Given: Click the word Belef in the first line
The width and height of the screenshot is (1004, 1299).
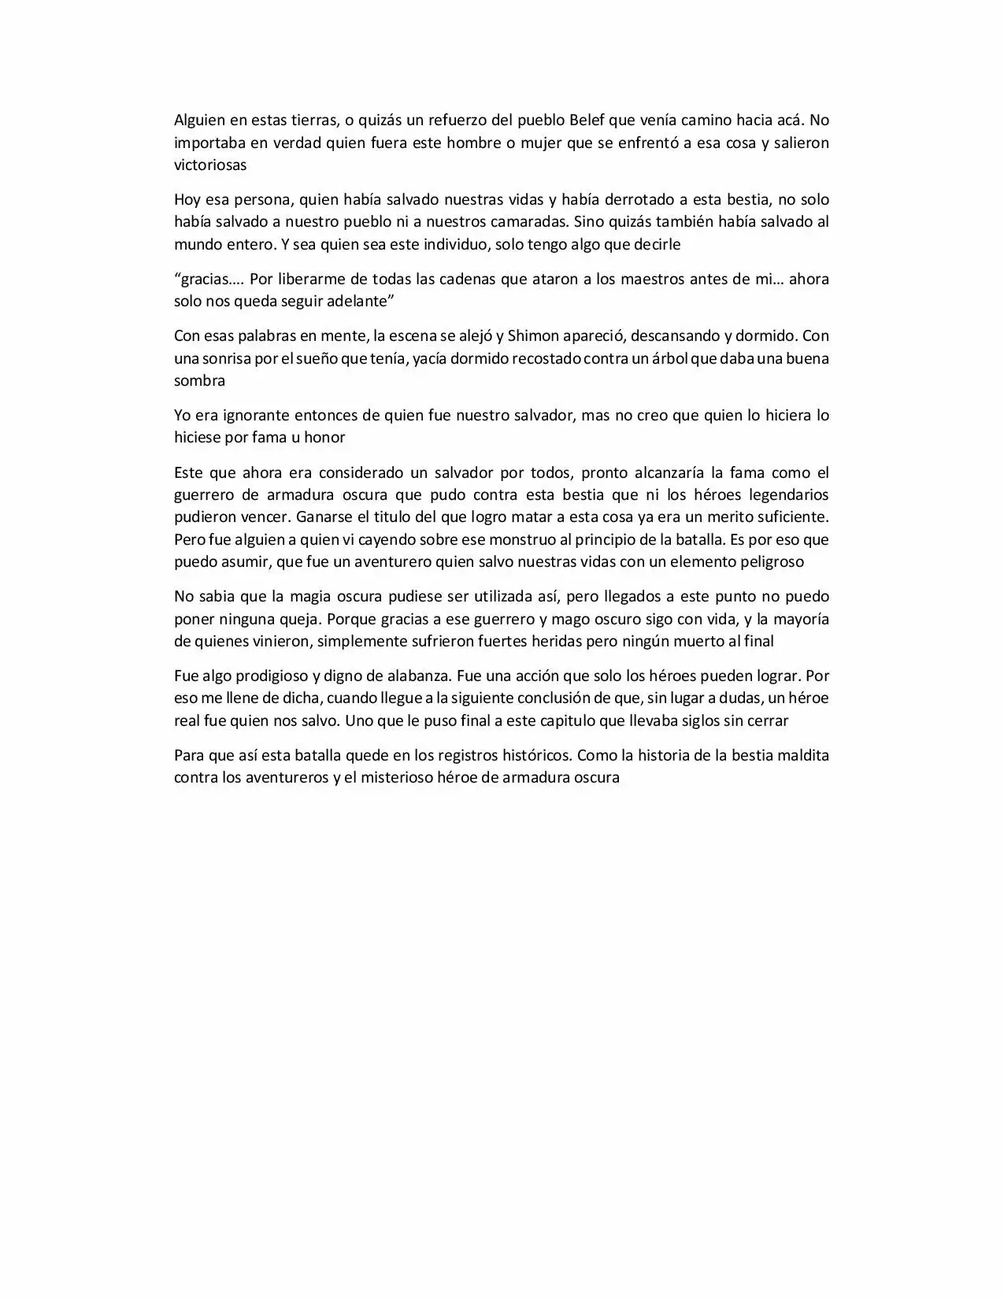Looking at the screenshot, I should pos(588,120).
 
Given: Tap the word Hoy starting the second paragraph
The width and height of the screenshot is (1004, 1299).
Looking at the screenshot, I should pos(187,199).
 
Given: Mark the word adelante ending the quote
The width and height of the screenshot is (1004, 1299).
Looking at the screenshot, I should pos(349,302).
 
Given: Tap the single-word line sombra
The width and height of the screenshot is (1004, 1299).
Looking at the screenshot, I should pos(199,381).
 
